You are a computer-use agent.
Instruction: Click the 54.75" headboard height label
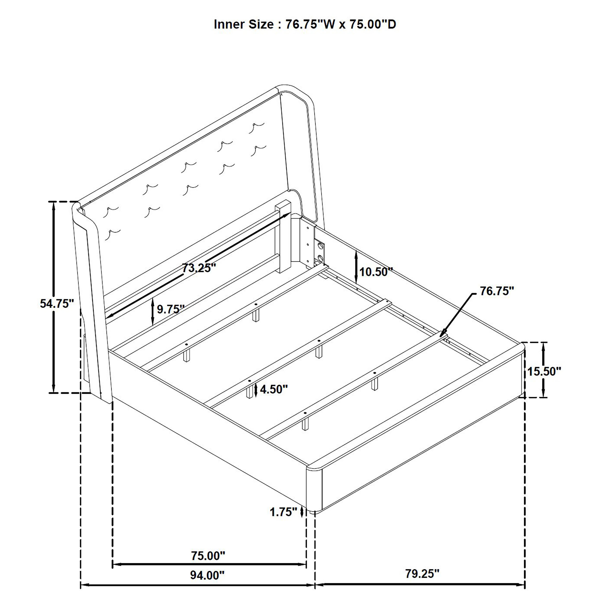57,303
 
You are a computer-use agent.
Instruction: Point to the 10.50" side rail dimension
376,272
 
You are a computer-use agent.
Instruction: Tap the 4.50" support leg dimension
274,389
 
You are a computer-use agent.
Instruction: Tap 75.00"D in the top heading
373,24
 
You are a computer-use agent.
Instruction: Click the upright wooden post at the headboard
283,237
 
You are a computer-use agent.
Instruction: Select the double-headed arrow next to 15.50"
543,370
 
